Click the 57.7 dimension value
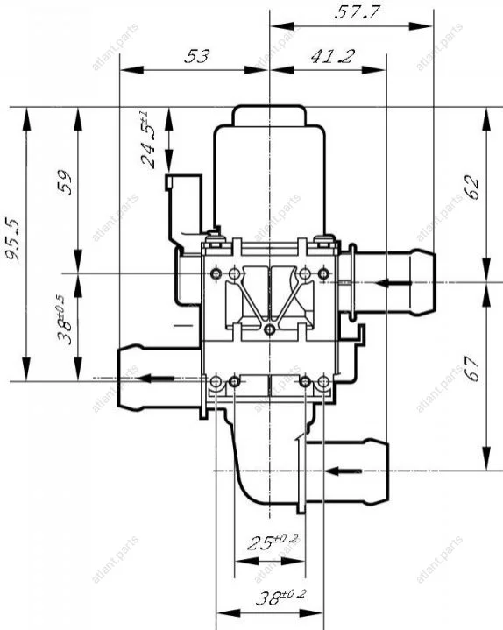point(357,12)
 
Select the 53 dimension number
point(197,56)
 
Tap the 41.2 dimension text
point(333,57)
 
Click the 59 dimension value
point(64,183)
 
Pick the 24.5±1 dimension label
point(147,139)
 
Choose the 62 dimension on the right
point(472,188)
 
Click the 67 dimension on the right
point(472,368)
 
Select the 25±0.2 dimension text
point(273,542)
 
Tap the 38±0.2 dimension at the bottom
point(280,598)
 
